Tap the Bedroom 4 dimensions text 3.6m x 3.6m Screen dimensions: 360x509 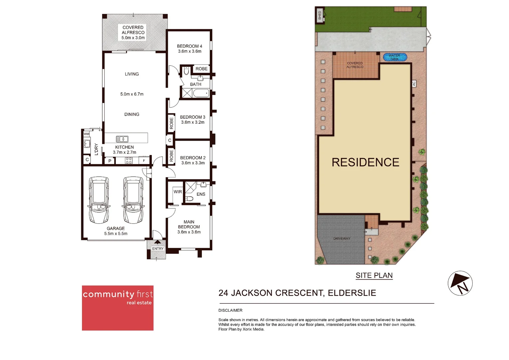tap(190, 51)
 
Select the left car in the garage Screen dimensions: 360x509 tap(99, 200)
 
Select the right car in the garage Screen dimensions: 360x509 tap(133, 200)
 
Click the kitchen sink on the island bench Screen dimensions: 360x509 tap(122, 139)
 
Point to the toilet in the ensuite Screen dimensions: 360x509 tap(189, 199)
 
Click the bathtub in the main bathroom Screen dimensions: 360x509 tap(201, 93)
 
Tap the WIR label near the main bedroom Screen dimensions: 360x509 tap(178, 192)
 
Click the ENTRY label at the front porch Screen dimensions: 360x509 tap(158, 249)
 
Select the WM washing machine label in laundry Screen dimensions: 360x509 tap(87, 134)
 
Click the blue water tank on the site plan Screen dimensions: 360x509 tap(395, 57)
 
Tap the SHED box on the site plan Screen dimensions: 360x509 tap(320, 15)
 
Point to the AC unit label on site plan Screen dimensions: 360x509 tap(414, 84)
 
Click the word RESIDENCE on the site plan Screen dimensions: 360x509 tap(365, 162)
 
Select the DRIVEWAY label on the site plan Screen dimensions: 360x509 tap(342, 239)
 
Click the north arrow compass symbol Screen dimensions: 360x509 tap(460, 283)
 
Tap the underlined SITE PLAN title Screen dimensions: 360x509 tap(374, 275)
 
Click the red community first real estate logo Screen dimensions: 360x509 tap(118, 308)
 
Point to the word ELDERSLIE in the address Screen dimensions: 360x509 tap(352, 293)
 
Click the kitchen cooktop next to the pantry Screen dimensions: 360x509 tap(129, 161)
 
